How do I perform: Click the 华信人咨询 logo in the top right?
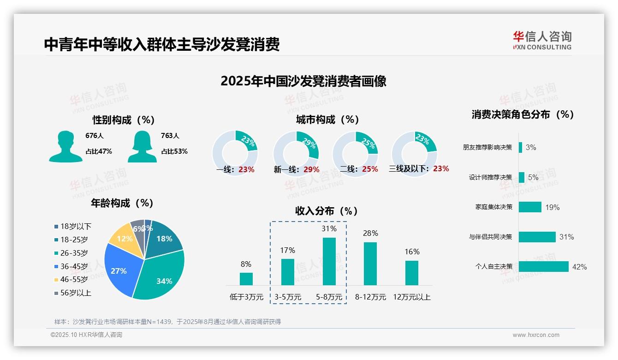point(542,40)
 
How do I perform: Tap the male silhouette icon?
point(65,147)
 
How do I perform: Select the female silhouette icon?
point(142,147)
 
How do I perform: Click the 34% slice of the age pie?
point(161,275)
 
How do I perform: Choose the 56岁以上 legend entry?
point(72,293)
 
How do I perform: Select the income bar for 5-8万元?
point(329,261)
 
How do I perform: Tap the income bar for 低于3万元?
point(246,279)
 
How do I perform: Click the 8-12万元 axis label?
point(370,297)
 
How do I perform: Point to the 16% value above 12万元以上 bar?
point(412,252)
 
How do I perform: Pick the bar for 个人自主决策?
point(543,267)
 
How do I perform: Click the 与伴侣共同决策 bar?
point(537,237)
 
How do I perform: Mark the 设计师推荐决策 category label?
point(490,177)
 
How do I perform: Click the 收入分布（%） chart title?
point(327,211)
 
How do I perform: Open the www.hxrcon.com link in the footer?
point(536,335)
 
